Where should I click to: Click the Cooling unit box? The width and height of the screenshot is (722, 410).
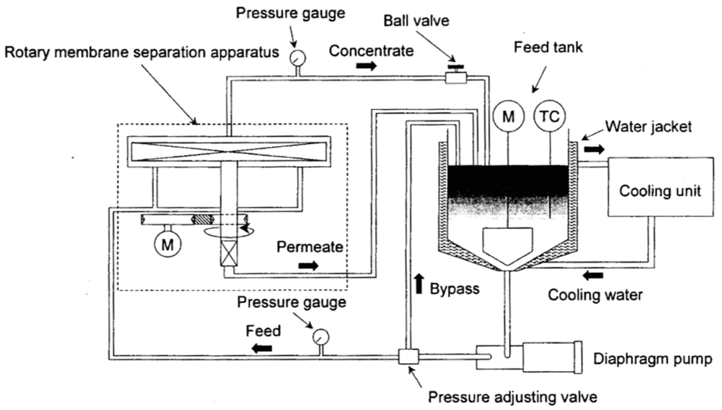pos(660,187)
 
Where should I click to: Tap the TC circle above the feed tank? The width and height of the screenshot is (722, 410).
pos(549,116)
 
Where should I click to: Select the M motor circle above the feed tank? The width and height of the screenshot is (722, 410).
pos(508,116)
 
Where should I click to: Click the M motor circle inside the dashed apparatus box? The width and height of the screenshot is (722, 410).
pos(168,244)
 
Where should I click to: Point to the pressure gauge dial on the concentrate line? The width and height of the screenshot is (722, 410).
pos(298,58)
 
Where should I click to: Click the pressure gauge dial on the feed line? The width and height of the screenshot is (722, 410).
pos(321,337)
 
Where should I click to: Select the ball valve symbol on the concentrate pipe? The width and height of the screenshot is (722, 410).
pos(456,77)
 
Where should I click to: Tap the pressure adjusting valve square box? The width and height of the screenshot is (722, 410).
pos(409,356)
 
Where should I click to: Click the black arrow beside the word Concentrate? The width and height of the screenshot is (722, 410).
pos(366,66)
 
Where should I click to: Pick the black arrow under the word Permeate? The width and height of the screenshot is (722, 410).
pos(309,266)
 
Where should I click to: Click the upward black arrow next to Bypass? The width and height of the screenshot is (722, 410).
pos(419,284)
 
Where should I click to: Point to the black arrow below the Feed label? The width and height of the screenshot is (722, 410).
pos(262,348)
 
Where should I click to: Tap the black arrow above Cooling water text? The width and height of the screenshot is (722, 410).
pos(593,275)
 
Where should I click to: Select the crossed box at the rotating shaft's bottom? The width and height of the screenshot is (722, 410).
pos(229,254)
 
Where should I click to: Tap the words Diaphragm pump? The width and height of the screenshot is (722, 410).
pos(652,359)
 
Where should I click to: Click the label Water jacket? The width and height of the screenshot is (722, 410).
pos(648,127)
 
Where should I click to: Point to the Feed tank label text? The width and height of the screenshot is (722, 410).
pos(548,47)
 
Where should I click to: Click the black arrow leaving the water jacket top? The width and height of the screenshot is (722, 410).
pos(594,149)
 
